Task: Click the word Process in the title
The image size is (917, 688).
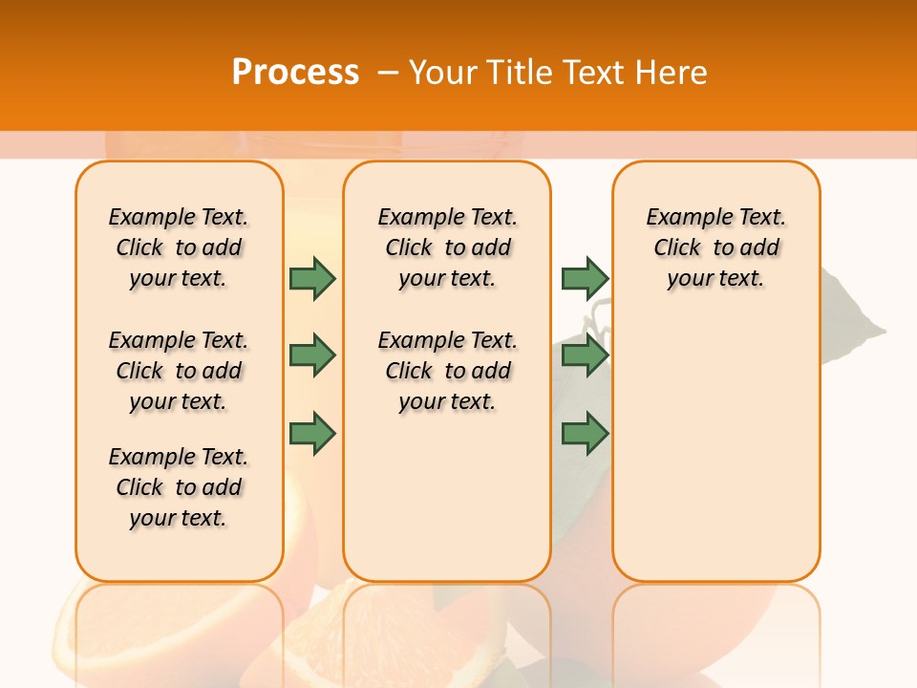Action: click(295, 73)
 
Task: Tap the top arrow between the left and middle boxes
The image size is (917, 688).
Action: click(312, 279)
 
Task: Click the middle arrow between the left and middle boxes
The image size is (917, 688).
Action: click(312, 355)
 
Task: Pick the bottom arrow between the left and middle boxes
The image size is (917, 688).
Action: click(312, 433)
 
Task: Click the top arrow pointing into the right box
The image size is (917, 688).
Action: click(585, 279)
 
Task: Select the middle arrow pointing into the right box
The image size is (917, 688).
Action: click(585, 355)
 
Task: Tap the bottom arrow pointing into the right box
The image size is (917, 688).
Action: click(585, 433)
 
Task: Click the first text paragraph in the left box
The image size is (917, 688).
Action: click(179, 247)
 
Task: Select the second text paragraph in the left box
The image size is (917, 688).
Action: click(179, 371)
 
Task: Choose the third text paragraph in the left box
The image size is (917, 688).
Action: click(179, 487)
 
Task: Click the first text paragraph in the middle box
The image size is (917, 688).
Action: click(448, 247)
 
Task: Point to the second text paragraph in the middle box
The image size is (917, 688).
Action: click(448, 371)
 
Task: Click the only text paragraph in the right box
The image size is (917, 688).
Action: click(716, 247)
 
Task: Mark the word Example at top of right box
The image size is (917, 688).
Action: click(680, 217)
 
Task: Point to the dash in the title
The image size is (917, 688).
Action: click(388, 73)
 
